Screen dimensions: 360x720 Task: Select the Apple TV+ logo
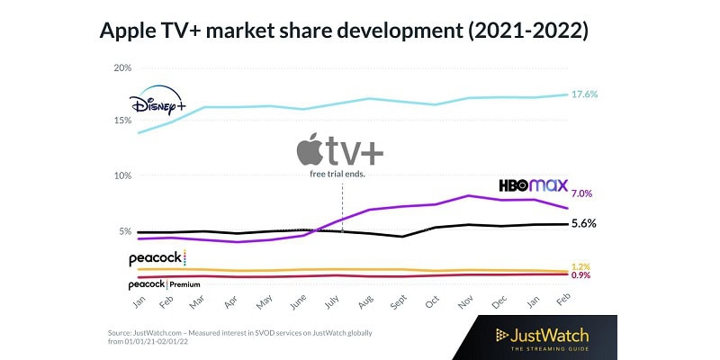[x=337, y=150]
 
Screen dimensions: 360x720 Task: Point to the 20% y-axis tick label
[x=122, y=68]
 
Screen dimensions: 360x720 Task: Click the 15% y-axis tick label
[x=122, y=121]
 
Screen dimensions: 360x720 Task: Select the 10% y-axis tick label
[x=122, y=176]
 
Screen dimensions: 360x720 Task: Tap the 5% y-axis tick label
[x=125, y=231]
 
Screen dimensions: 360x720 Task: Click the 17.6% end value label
[x=586, y=94]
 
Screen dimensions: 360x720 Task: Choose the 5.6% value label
[x=585, y=223]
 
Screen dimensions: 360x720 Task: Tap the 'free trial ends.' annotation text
[x=337, y=173]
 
